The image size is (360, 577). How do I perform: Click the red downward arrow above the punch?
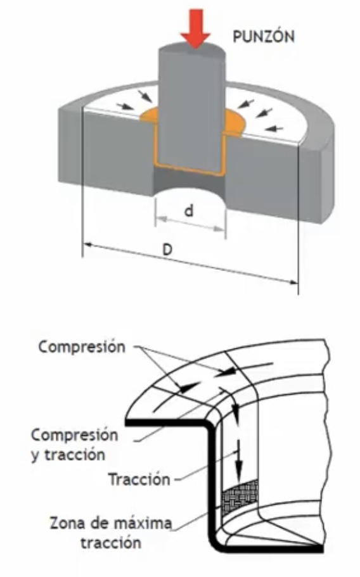[195, 29]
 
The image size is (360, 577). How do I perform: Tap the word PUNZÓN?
[264, 36]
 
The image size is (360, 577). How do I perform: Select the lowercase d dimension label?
[189, 211]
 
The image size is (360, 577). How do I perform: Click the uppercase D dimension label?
[167, 250]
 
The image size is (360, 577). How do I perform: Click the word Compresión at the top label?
[82, 347]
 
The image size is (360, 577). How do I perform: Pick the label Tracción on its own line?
[139, 479]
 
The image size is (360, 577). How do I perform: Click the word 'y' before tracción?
[35, 456]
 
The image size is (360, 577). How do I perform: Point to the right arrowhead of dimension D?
[293, 282]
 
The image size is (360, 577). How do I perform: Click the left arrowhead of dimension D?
[87, 244]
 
